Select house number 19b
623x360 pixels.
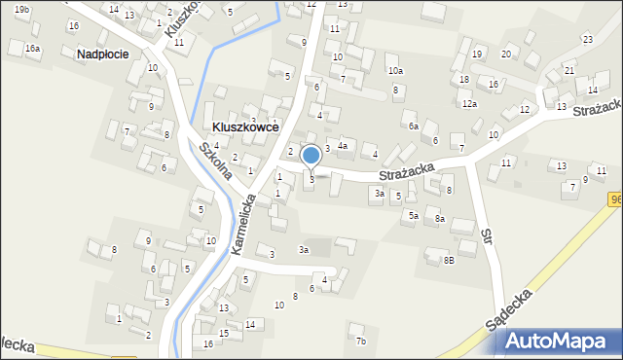[21, 9]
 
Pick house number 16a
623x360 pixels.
[33, 48]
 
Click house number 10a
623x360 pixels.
[395, 70]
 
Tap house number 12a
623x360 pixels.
[469, 103]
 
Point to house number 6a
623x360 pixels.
[413, 126]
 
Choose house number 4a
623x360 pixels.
[343, 145]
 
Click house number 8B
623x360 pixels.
[449, 260]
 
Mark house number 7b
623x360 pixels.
[360, 341]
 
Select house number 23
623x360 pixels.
[587, 39]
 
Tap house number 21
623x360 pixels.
[569, 71]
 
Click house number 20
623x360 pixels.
[505, 54]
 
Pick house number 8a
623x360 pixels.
[440, 220]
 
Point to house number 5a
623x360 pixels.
[413, 215]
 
